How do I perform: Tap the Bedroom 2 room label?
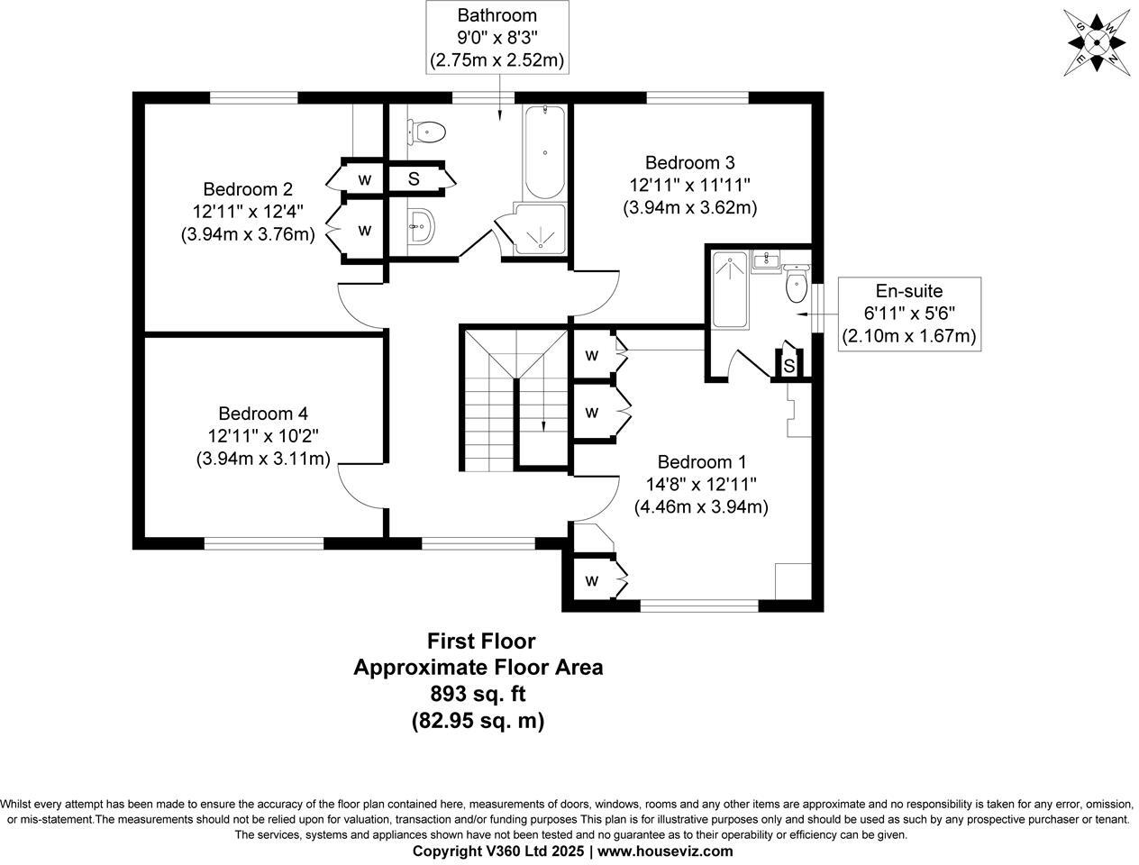pos(248,189)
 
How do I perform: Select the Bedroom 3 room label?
pos(689,162)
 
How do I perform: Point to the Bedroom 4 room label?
pos(263,414)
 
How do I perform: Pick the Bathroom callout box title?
pos(497,15)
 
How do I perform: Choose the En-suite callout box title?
pos(908,290)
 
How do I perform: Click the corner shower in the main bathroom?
pos(541,229)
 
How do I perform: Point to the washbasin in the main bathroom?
pos(422,222)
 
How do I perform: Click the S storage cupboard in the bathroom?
pos(414,178)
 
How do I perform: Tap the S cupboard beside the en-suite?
pos(788,365)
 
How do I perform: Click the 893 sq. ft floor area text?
pos(478,694)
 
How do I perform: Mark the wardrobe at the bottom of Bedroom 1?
pos(592,580)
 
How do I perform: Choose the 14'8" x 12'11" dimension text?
pos(701,483)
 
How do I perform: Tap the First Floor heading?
pos(480,642)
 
